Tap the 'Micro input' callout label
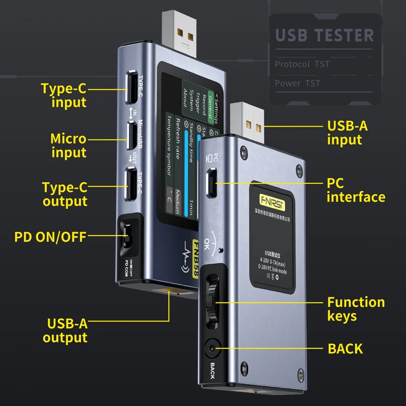tap(69, 145)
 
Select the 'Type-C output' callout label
tap(64, 194)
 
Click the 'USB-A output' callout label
tap(65, 330)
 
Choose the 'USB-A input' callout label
tap(347, 132)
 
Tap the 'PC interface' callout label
tap(355, 189)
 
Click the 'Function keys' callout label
tap(356, 309)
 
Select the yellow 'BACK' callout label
tap(345, 349)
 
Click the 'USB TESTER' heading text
tap(325, 36)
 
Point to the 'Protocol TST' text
tap(302, 64)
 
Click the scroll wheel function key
tap(212, 304)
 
